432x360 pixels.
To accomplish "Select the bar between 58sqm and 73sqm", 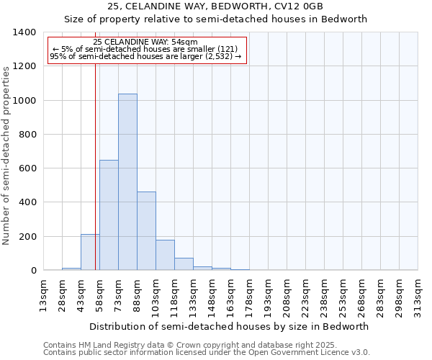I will pos(109,215).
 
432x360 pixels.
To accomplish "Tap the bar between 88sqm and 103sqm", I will pos(146,231).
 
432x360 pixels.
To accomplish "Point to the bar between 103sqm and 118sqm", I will pos(165,255).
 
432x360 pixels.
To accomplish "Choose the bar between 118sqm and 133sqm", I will pos(184,264).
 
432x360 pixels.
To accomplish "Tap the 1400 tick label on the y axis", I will pos(24,32).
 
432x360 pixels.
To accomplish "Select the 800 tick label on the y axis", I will pos(27,135).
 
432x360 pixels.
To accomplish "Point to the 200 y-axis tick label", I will pos(27,237).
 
